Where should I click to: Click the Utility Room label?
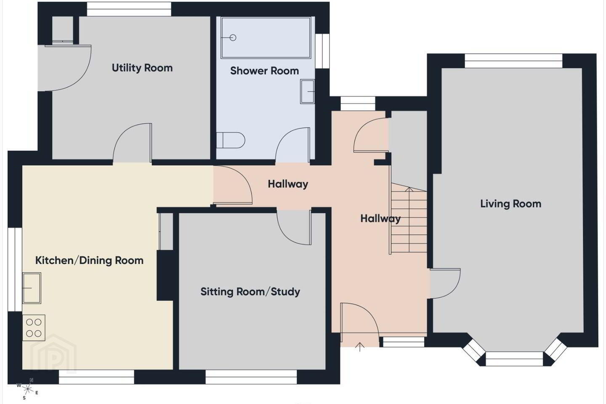tap(142, 68)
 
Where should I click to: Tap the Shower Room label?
tap(264, 71)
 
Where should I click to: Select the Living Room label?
tap(510, 204)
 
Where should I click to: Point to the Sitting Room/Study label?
tap(250, 292)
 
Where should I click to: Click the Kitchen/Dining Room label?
tap(89, 260)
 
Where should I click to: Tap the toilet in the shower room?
tap(231, 140)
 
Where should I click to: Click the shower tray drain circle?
tap(233, 37)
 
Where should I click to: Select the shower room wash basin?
tap(307, 91)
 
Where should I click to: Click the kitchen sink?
tap(32, 288)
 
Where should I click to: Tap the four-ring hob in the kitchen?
tap(34, 328)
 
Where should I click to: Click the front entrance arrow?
tap(360, 347)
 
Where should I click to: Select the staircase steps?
tap(409, 218)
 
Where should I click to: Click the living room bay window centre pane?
tap(514, 359)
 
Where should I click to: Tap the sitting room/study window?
tap(251, 377)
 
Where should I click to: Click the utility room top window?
tap(129, 9)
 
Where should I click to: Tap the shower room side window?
tap(322, 51)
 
